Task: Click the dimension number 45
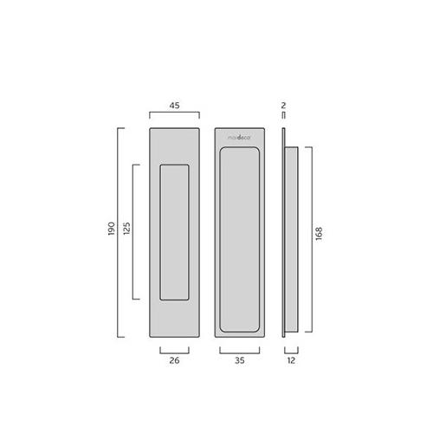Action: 174,107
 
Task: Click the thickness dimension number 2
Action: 283,106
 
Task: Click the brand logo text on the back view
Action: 241,136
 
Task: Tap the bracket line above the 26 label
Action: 174,350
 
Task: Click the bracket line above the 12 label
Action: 292,350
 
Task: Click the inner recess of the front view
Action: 174,231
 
